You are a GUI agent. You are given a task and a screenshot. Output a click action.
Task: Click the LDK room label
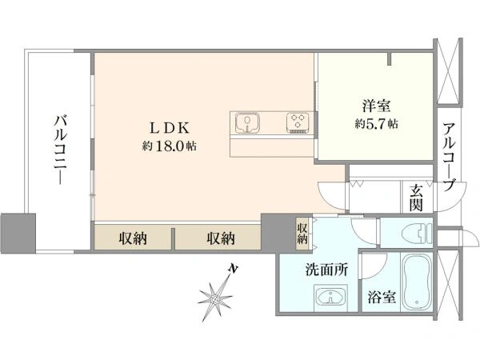170,128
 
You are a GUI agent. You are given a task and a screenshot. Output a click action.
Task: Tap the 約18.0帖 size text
170,146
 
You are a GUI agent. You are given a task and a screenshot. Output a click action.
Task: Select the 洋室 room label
376,106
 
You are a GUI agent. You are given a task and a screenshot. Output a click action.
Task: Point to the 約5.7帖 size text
376,124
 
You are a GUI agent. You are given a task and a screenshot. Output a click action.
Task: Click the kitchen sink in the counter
247,123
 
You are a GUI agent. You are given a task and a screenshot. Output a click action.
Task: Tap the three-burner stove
298,123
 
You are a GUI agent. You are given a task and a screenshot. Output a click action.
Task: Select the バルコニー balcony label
61,150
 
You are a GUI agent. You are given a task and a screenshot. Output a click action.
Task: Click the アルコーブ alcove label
449,157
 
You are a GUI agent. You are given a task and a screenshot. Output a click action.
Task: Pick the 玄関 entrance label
416,198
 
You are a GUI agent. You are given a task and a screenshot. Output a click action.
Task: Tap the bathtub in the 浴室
417,282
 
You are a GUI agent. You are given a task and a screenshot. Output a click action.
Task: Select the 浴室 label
382,296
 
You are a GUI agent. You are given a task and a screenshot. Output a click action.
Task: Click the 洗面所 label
327,270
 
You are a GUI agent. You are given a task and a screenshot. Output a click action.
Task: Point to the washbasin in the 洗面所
330,296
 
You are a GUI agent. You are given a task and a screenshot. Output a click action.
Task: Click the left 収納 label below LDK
133,238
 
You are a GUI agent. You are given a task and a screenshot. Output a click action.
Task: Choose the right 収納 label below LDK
221,238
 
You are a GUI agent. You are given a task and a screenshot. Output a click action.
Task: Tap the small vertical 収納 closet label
302,234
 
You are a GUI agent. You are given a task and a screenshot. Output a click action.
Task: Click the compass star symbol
214,298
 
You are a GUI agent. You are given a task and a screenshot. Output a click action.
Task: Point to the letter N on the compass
234,269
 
